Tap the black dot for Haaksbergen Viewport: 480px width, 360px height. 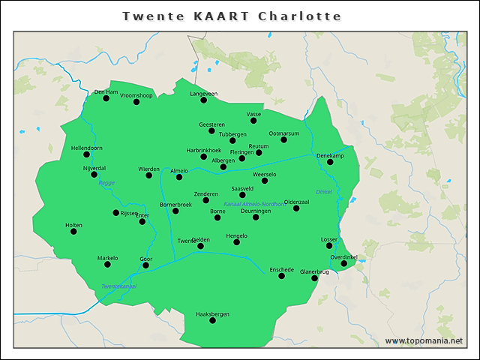click(212, 320)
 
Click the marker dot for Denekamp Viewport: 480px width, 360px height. click(330, 162)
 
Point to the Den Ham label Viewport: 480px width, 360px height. click(106, 92)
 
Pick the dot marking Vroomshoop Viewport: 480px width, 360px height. click(136, 102)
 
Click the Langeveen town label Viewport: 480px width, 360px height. click(203, 94)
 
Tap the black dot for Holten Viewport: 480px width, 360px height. click(73, 232)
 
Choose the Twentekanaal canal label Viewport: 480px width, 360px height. click(118, 286)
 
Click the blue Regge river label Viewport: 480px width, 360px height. click(106, 182)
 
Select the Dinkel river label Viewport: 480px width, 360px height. click(323, 192)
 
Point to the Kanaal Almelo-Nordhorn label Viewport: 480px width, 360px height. click(254, 204)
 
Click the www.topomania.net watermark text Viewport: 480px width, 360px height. click(424, 341)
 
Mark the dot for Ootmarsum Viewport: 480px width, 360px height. click(284, 139)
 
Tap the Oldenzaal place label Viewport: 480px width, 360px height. click(296, 202)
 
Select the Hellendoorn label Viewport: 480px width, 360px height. click(86, 148)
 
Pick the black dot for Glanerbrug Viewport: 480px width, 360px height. click(315, 278)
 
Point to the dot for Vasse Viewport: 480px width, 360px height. click(253, 120)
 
